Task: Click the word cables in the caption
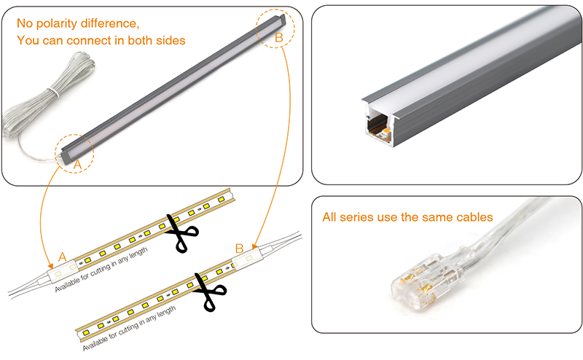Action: pos(472,217)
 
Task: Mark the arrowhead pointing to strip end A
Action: pos(47,263)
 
